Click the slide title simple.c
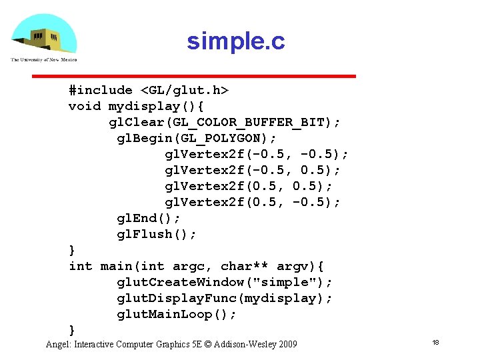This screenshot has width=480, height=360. click(235, 41)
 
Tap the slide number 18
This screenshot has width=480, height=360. click(435, 342)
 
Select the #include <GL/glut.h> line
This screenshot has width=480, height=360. click(149, 90)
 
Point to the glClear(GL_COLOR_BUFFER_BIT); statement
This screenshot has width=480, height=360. click(225, 122)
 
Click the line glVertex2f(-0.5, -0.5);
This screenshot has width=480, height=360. click(257, 154)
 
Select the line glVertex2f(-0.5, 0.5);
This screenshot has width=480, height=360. click(253, 170)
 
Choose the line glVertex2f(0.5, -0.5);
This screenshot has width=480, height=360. click(253, 202)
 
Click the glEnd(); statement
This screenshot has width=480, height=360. click(149, 218)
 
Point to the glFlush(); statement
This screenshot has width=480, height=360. click(157, 234)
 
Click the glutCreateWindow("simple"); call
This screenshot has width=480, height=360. click(225, 282)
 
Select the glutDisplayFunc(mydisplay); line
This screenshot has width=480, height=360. click(225, 298)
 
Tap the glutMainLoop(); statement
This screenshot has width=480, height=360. click(177, 314)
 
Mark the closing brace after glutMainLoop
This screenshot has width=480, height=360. click(72, 330)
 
